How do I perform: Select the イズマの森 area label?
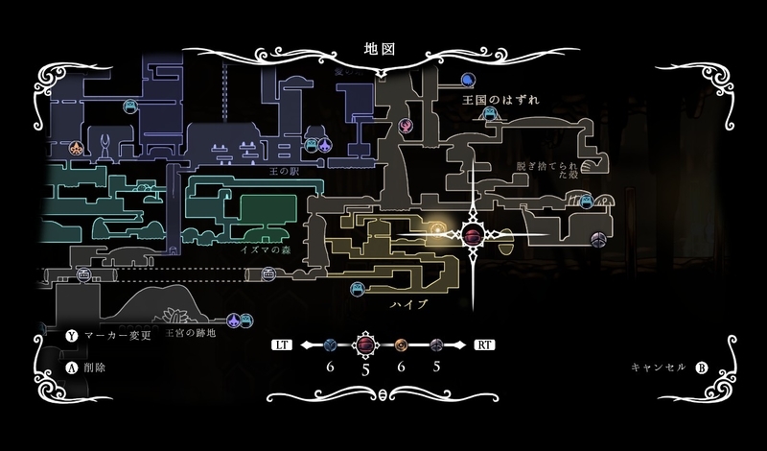(272, 249)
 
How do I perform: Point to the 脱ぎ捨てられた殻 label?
(548, 171)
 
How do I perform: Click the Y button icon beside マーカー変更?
(70, 337)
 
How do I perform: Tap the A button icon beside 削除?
(70, 368)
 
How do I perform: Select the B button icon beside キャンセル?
(701, 368)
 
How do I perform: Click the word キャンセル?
(659, 368)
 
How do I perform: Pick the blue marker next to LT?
(330, 344)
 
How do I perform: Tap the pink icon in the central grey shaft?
(406, 126)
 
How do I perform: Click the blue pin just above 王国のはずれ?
(468, 80)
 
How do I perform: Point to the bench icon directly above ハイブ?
(358, 287)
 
